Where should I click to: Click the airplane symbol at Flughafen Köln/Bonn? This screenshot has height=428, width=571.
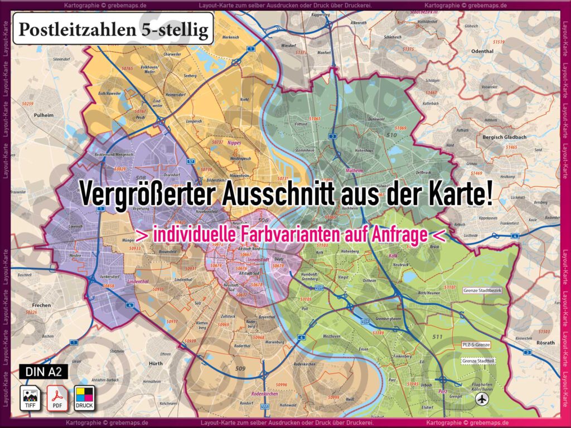tap(481, 399)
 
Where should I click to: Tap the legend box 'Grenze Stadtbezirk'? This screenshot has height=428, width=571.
tap(483, 290)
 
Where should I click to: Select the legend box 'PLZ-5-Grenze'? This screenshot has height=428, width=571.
tap(476, 345)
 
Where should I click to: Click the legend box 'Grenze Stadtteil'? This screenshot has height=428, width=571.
tap(478, 361)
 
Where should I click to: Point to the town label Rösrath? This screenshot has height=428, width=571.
tap(545, 342)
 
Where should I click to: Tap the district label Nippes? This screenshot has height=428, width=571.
tap(234, 143)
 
